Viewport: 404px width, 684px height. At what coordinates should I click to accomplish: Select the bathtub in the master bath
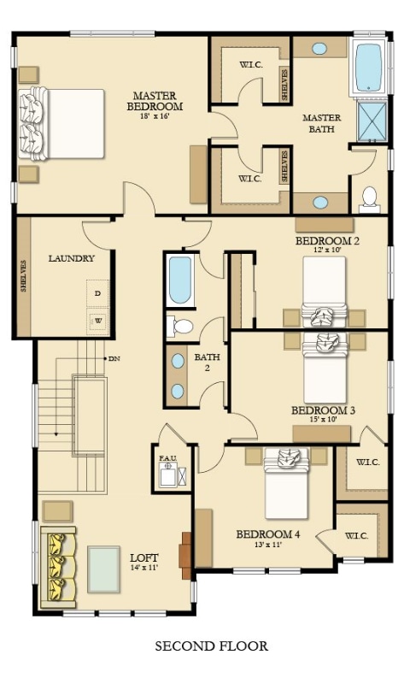pyautogui.click(x=368, y=67)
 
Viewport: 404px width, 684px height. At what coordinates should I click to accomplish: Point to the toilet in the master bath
pyautogui.click(x=370, y=197)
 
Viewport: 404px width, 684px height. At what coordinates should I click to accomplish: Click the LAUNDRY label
pyautogui.click(x=71, y=258)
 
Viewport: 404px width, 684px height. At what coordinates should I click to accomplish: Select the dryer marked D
pyautogui.click(x=97, y=293)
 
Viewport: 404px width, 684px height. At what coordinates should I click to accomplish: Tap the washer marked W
pyautogui.click(x=97, y=322)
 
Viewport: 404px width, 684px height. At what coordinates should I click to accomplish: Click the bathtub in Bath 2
pyautogui.click(x=180, y=280)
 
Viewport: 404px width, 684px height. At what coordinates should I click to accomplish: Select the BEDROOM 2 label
pyautogui.click(x=327, y=241)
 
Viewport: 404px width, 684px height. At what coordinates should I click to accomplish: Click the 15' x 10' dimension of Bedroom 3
pyautogui.click(x=323, y=421)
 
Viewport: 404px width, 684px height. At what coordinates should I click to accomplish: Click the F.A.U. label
pyautogui.click(x=167, y=458)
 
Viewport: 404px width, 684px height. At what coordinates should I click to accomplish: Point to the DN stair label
pyautogui.click(x=114, y=358)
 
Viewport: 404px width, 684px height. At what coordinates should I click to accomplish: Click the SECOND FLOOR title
pyautogui.click(x=211, y=646)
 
